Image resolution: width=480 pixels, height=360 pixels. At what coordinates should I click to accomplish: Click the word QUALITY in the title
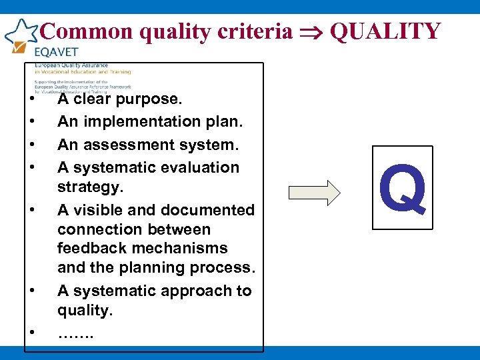pyautogui.click(x=386, y=31)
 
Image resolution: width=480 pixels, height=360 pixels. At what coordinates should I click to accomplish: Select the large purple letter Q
pyautogui.click(x=402, y=189)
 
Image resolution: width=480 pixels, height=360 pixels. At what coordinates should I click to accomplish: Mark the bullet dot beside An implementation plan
pyautogui.click(x=31, y=123)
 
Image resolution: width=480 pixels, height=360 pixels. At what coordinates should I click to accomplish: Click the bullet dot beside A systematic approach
pyautogui.click(x=31, y=291)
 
